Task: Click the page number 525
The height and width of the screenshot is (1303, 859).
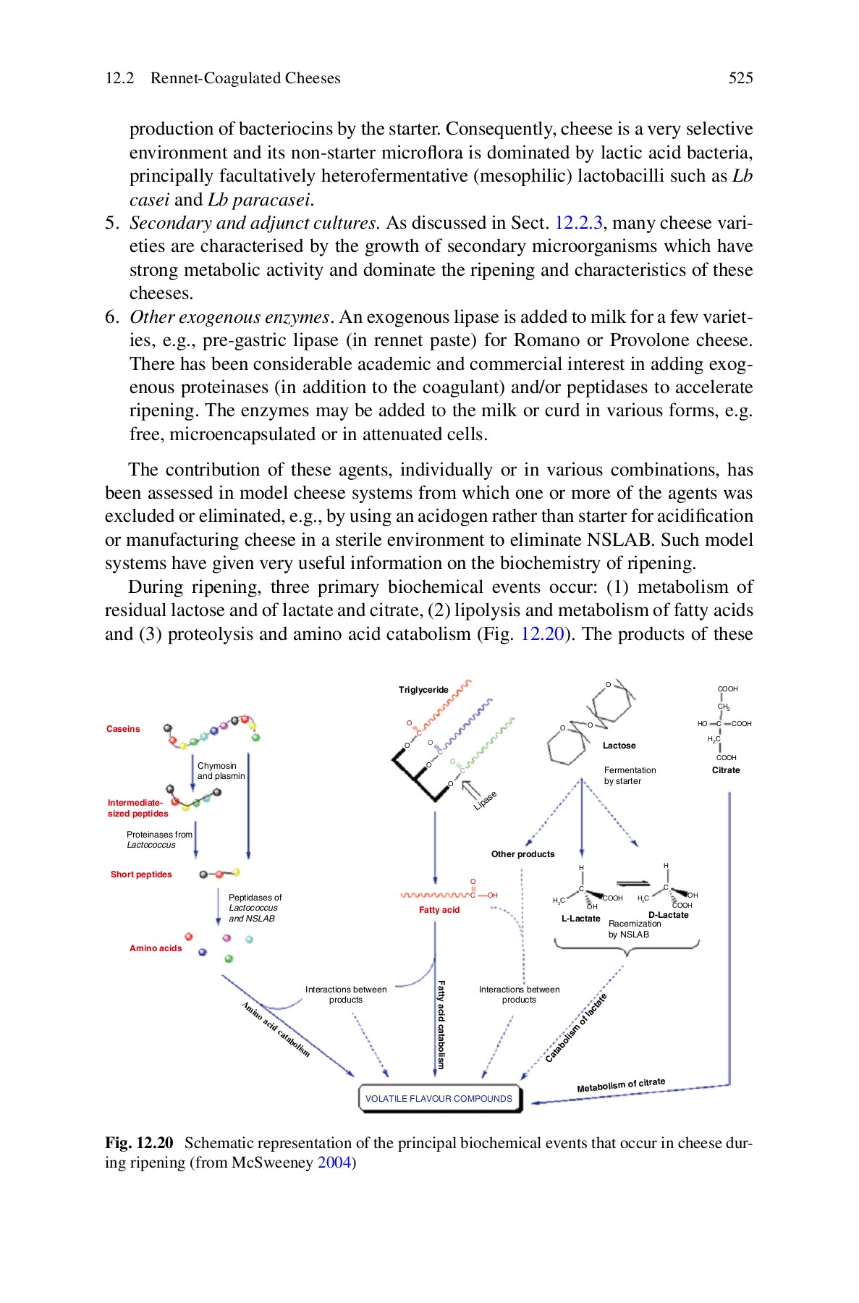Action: (740, 78)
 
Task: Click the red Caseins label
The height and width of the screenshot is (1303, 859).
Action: (123, 729)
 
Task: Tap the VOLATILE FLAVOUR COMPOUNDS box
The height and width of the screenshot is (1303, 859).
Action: (439, 1098)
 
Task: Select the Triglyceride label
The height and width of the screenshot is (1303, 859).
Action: (423, 690)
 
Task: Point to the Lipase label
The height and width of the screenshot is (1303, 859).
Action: (486, 801)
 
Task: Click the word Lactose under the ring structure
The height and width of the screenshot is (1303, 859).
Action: (619, 746)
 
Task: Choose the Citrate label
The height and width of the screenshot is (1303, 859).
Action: (726, 770)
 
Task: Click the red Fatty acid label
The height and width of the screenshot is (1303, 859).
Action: (439, 910)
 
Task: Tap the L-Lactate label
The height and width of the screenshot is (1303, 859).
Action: (580, 919)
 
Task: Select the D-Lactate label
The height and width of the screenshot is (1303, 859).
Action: (668, 915)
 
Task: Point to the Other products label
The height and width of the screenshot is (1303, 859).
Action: (522, 854)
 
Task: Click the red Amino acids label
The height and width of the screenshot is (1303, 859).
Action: (156, 948)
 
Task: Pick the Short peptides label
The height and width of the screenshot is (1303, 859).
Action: (141, 874)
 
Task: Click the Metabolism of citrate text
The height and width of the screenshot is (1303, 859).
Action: (621, 1085)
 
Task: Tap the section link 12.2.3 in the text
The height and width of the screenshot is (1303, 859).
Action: (577, 223)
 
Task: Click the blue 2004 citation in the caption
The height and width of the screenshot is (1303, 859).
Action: (334, 1163)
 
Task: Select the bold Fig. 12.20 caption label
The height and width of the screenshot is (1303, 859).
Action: (139, 1143)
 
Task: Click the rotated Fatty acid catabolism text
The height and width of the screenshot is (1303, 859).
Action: (441, 1024)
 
